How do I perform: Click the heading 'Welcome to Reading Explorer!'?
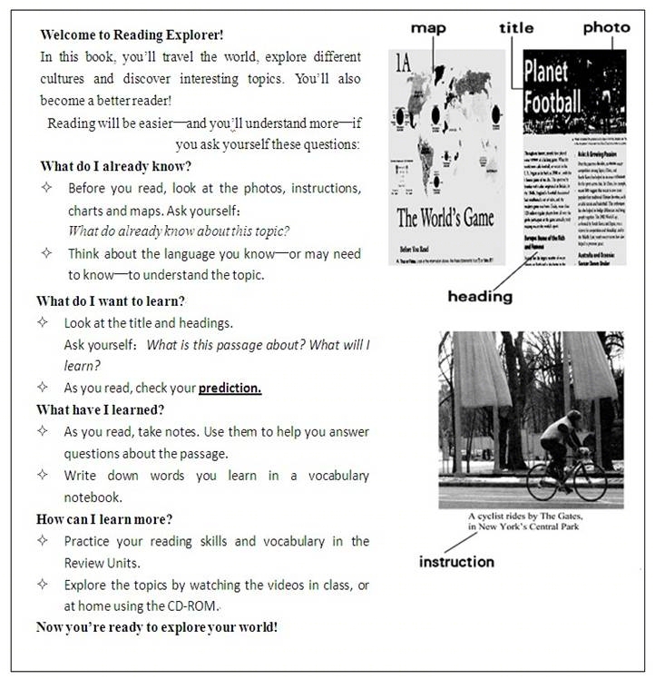132,35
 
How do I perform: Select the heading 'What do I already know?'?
115,166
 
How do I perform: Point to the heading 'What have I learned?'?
100,409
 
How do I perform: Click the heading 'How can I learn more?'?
104,519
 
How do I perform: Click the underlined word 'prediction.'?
230,388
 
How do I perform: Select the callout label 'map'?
428,28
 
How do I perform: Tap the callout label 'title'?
517,28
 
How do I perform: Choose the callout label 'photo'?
606,28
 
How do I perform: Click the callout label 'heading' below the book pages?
480,297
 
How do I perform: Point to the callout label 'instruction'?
457,562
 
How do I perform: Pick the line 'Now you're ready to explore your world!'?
157,627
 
